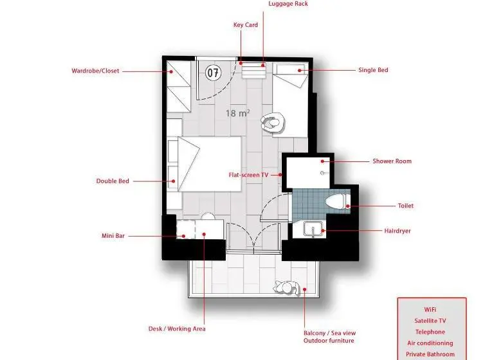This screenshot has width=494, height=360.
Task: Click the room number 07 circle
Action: (x=214, y=73)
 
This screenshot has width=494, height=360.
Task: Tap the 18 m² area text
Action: (x=238, y=113)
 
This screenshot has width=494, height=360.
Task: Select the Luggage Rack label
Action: (x=288, y=4)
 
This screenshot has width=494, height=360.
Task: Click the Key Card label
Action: (x=246, y=25)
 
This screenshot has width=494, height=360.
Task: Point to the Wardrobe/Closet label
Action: (x=95, y=71)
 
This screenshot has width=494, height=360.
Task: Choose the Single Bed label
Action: (x=373, y=70)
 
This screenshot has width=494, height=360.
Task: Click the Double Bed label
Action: (x=113, y=181)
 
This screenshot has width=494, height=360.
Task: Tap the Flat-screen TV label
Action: (x=248, y=175)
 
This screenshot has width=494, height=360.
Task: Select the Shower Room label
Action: (x=392, y=161)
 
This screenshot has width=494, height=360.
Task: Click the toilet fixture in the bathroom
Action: (x=338, y=201)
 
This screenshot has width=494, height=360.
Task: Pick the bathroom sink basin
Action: (x=313, y=229)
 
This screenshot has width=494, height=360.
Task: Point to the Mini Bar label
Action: (x=113, y=235)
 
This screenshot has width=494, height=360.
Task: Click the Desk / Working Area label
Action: (x=177, y=328)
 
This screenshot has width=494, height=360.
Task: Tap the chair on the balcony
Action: (x=287, y=288)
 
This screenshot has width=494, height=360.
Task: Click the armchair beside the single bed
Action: (x=273, y=122)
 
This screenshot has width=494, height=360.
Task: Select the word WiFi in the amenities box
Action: (x=430, y=310)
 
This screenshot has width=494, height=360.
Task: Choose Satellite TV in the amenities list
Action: (x=430, y=321)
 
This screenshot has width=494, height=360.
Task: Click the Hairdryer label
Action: (x=398, y=231)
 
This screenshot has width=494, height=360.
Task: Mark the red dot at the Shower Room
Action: (x=323, y=161)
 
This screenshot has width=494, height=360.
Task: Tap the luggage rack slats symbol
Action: (x=253, y=71)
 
